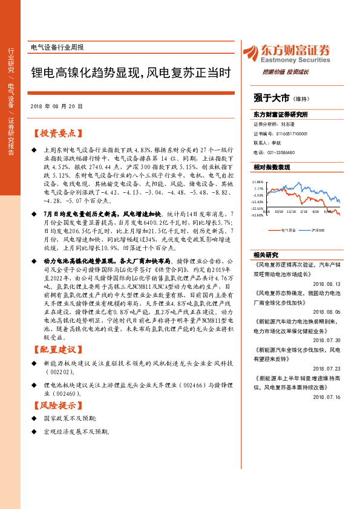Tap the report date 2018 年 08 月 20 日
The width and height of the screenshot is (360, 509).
(x=56, y=106)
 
